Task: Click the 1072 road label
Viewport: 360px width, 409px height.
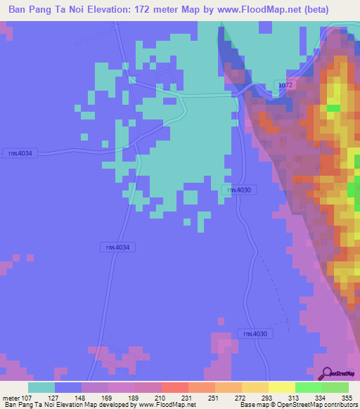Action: coord(285,85)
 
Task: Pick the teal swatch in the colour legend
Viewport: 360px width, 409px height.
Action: coord(41,387)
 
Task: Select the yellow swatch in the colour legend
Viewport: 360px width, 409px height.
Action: coord(281,387)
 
